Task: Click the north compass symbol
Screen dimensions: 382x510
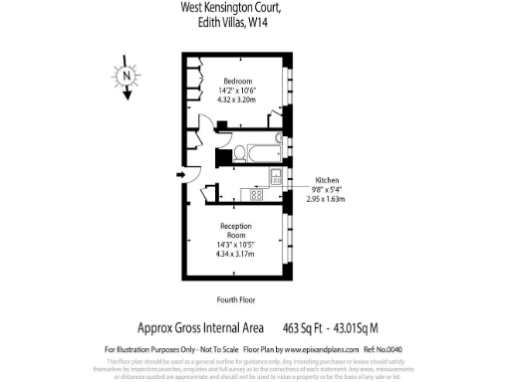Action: [127, 75]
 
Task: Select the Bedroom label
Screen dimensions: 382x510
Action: [238, 81]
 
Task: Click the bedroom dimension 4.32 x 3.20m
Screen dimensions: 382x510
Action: [238, 100]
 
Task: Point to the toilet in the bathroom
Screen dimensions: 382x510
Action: [239, 153]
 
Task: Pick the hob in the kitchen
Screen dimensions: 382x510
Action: [256, 194]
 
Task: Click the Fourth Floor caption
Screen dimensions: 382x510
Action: [237, 299]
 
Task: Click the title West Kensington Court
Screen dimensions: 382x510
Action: [230, 7]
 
